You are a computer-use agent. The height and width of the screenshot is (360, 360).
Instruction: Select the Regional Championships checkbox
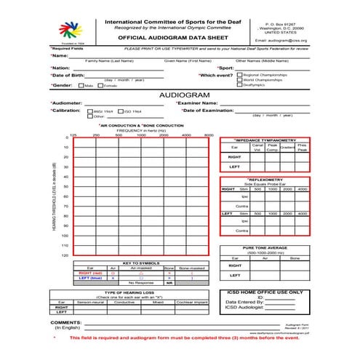point(240,74)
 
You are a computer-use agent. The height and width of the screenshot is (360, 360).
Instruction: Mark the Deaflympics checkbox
point(240,85)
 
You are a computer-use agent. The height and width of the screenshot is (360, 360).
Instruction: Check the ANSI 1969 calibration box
point(90,111)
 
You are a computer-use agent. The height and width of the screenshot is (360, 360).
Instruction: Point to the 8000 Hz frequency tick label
point(209,135)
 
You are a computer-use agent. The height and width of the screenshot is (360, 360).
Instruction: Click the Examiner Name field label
point(203,103)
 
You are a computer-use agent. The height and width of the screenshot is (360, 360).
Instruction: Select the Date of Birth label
point(71,75)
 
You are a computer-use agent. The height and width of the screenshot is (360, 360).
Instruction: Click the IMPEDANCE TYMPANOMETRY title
point(265,140)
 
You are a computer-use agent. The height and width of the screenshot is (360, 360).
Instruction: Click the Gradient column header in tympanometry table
point(287,147)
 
